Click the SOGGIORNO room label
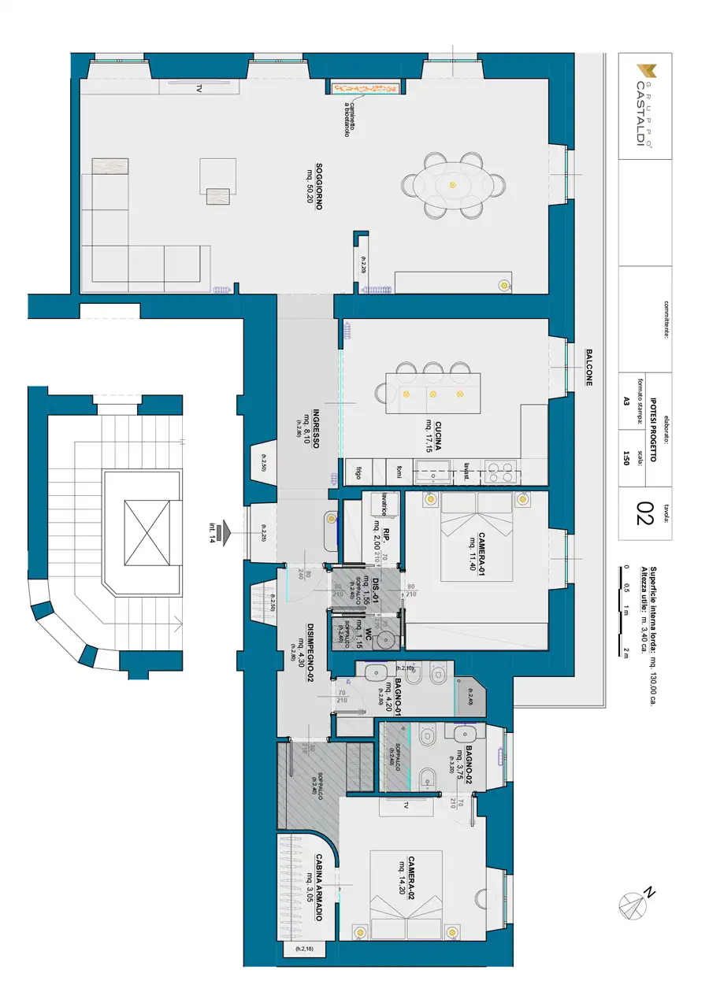(x=320, y=187)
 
